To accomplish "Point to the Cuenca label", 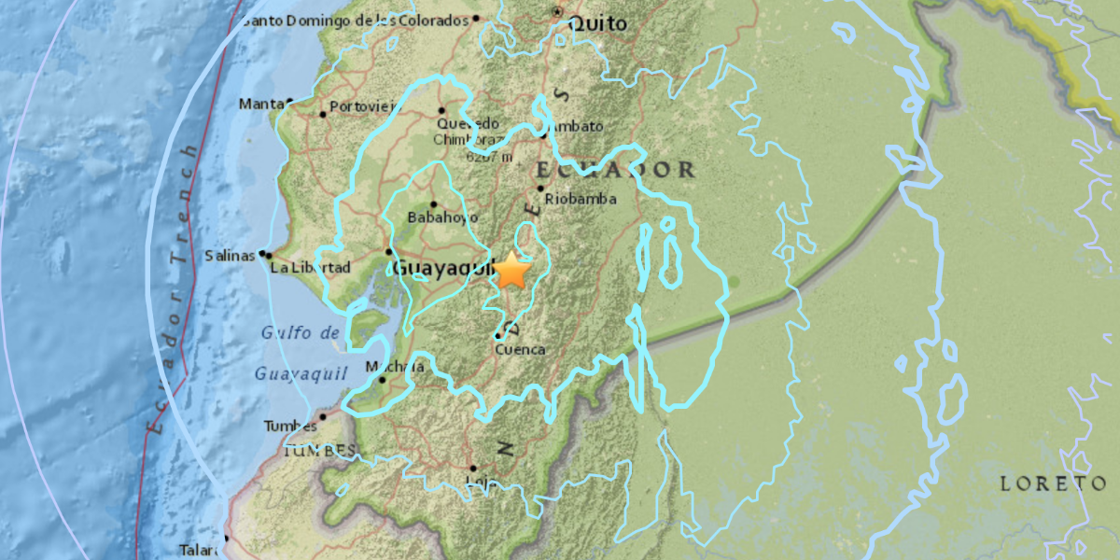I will coord(520,350).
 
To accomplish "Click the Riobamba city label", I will coord(581,199).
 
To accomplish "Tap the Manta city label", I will coord(260,104).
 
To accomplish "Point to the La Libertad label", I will coord(309,268).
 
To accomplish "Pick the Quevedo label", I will coord(469,123).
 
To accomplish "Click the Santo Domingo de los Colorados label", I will coord(354,21).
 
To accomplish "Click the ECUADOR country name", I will coord(616,170).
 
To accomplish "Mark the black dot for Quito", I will coord(557,12).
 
